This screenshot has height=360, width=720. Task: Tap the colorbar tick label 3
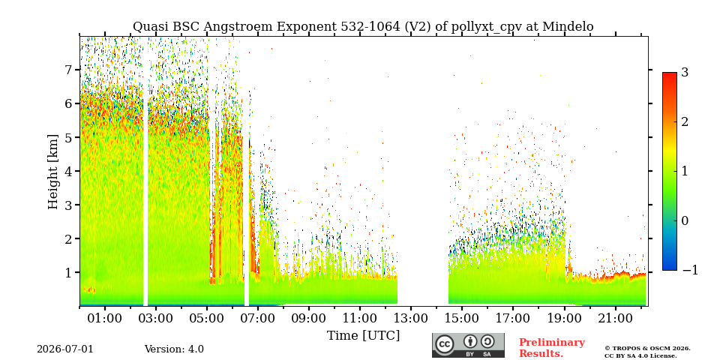coord(685,72)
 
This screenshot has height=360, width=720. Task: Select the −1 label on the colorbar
coord(690,270)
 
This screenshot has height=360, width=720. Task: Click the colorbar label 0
coord(685,220)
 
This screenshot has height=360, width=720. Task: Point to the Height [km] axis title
coord(53,172)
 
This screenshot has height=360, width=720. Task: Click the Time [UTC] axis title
coord(363,336)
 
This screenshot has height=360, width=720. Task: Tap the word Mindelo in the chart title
coord(568,27)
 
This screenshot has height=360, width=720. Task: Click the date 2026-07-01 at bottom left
coord(65,349)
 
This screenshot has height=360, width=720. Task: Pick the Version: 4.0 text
coord(174,349)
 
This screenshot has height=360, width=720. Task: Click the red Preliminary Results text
coord(552,348)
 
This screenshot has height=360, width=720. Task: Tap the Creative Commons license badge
coord(468,345)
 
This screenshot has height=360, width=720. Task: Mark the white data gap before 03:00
coord(145,172)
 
